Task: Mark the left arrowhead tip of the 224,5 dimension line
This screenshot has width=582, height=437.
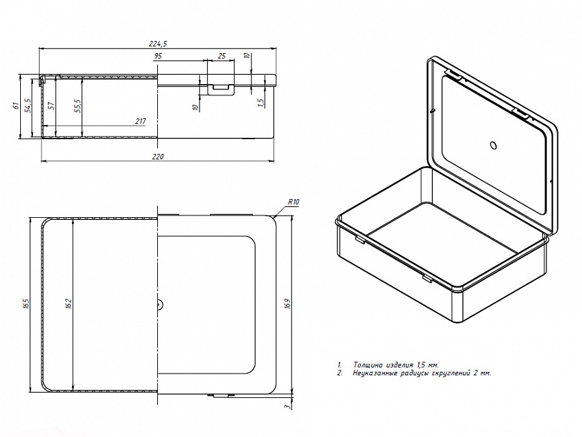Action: (40, 48)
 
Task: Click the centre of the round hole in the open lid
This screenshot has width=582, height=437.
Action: (493, 145)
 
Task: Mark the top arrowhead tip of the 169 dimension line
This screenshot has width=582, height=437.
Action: (292, 218)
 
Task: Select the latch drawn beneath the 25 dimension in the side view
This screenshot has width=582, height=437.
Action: (221, 89)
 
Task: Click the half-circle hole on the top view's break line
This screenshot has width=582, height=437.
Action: (160, 305)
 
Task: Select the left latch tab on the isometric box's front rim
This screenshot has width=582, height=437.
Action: (360, 240)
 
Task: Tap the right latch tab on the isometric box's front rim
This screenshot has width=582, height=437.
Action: (427, 278)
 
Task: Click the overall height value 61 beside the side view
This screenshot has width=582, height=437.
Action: (15, 106)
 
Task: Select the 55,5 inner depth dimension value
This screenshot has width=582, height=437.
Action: (77, 106)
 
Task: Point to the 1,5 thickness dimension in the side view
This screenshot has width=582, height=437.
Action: (261, 103)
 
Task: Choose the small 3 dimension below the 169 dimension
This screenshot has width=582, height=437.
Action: (286, 407)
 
